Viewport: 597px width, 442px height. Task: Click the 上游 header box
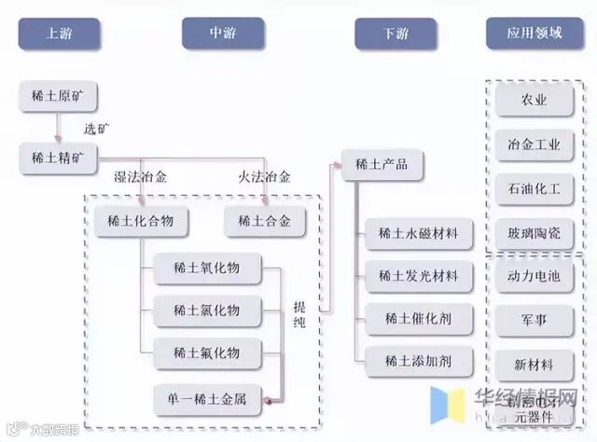(59, 35)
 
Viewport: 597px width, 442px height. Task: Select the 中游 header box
(223, 35)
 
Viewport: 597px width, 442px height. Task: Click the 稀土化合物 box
(141, 222)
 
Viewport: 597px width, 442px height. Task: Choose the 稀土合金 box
(265, 222)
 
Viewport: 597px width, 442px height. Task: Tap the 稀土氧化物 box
(206, 268)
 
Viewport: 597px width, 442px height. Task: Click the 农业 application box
(535, 100)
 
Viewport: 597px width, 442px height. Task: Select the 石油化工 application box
(535, 188)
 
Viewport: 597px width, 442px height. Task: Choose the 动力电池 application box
(535, 276)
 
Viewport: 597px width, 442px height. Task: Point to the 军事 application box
(535, 320)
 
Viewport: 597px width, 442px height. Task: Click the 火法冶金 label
(264, 176)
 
